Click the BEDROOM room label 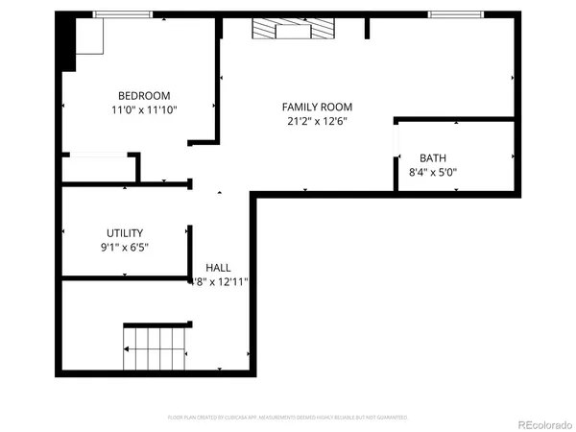[144, 95]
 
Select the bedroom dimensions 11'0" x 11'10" [144, 109]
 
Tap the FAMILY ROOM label [317, 107]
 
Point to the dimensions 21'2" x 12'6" [317, 121]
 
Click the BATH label [433, 158]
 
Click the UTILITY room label [125, 232]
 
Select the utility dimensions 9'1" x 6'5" [125, 247]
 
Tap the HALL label [218, 267]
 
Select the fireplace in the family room [294, 30]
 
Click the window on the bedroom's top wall [122, 14]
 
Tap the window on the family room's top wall [455, 14]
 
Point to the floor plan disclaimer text [288, 418]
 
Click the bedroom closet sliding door [96, 156]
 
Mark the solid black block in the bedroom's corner [66, 43]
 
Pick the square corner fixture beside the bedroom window [89, 37]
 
